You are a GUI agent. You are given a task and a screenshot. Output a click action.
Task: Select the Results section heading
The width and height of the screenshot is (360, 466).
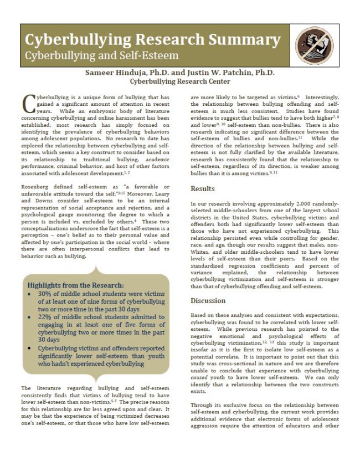pos(203,189)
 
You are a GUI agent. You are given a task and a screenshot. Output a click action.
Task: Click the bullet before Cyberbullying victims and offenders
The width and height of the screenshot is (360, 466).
pos(29,347)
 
